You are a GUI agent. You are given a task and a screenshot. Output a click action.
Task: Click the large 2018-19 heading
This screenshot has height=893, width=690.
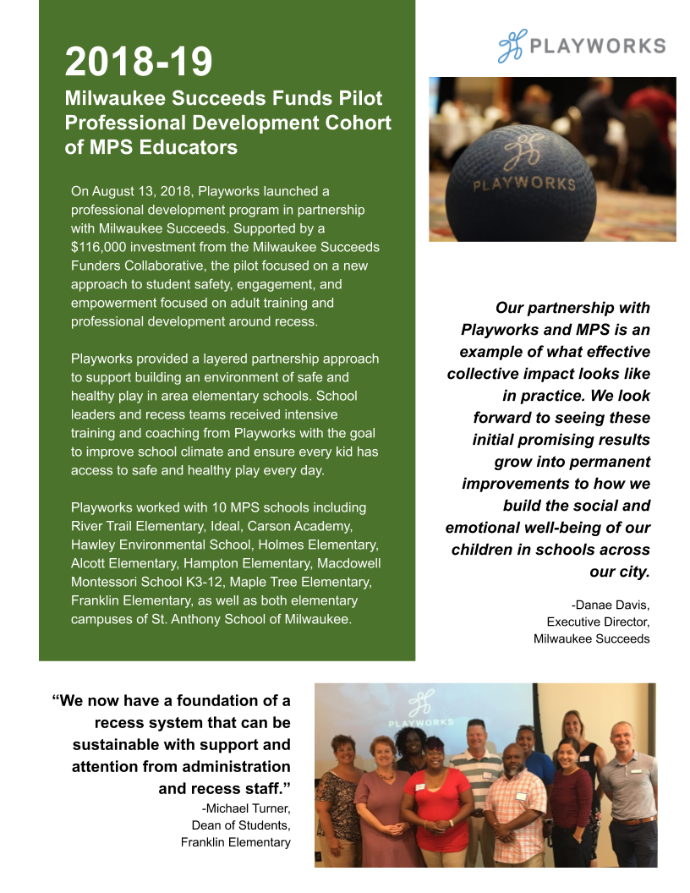139,61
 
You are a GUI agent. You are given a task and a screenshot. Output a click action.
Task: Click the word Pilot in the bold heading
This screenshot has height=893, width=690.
356,98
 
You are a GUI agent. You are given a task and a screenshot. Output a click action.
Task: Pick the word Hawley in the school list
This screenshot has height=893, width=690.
92,545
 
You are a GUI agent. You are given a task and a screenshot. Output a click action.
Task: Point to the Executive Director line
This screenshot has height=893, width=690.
598,622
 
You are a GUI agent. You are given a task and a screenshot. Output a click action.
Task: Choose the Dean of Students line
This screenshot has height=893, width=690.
241,825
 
